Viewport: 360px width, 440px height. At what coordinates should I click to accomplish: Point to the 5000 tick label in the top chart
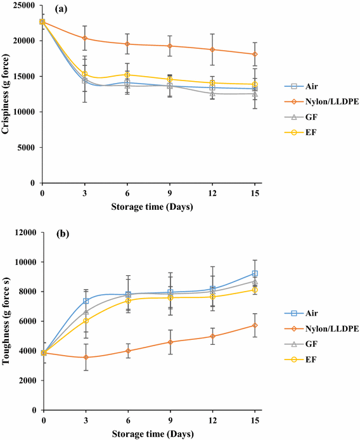point(27,147)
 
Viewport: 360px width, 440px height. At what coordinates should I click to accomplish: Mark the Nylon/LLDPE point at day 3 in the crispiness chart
point(85,39)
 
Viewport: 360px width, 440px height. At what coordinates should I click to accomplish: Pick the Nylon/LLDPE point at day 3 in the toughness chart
point(86,358)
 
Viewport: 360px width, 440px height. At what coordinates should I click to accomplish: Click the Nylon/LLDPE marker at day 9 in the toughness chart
point(170,342)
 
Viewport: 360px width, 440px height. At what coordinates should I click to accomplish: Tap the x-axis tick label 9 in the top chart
point(169,191)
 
